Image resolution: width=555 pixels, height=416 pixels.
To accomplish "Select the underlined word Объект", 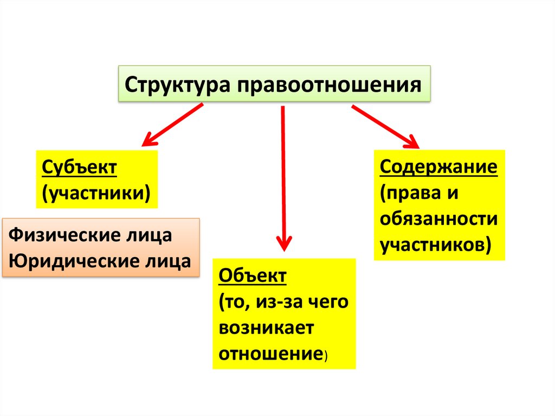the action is click(252, 276).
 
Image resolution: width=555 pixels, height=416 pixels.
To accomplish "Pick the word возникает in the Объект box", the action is click(266, 328).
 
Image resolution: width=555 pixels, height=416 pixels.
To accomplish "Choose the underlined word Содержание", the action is click(438, 167).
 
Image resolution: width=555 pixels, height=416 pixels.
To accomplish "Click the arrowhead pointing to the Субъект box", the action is click(147, 140).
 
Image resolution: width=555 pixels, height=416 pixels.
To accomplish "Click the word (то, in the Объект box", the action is click(235, 302).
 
